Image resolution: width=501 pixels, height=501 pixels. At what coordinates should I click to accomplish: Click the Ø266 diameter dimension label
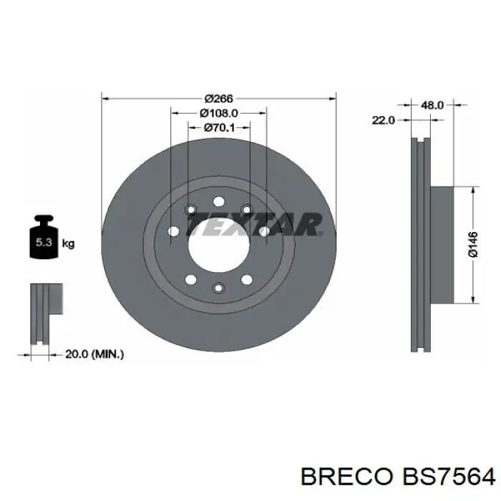[x=219, y=99]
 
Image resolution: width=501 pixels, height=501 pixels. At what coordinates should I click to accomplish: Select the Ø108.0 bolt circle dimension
[x=219, y=113]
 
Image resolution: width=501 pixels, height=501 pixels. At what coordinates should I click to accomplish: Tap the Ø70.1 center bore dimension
[x=219, y=127]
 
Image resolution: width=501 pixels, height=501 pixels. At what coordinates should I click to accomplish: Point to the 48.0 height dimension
[x=432, y=105]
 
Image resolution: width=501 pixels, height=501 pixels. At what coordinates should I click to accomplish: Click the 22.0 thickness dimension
[x=383, y=120]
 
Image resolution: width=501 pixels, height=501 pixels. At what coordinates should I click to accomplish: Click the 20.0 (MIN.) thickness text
[x=94, y=353]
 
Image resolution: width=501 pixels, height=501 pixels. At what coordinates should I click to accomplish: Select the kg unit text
[x=69, y=244]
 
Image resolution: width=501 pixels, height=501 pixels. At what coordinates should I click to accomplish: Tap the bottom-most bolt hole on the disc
[x=219, y=288]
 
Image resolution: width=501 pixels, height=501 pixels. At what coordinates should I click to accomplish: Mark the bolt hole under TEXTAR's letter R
[x=264, y=230]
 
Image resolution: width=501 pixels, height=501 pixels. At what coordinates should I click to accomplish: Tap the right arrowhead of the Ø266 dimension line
[x=332, y=99]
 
